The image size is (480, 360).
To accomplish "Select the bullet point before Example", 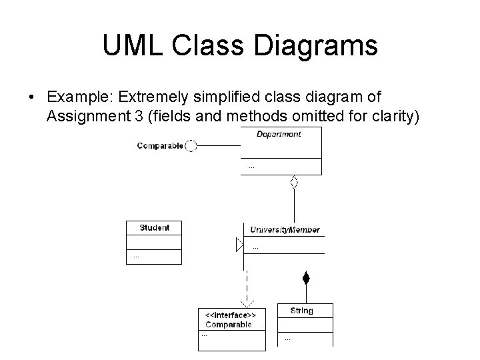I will tap(32, 98).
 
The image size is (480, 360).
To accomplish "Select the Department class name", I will tap(279, 134).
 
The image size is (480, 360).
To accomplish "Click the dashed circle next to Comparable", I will tap(191, 145).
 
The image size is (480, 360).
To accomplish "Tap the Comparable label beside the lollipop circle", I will tap(160, 145).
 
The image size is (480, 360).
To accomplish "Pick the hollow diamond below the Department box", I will tap(293, 181).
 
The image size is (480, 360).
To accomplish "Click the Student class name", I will tap(154, 228).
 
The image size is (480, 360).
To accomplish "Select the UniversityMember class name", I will tap(285, 230).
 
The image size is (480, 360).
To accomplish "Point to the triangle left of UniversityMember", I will tap(240, 245).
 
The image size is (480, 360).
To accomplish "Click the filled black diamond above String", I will tap(306, 278).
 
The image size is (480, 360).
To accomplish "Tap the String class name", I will tap(301, 311).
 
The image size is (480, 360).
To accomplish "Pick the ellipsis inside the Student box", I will tap(136, 256).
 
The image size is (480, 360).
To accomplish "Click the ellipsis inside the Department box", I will tap(251, 166).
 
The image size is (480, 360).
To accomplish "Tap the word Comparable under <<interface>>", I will tap(229, 325).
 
